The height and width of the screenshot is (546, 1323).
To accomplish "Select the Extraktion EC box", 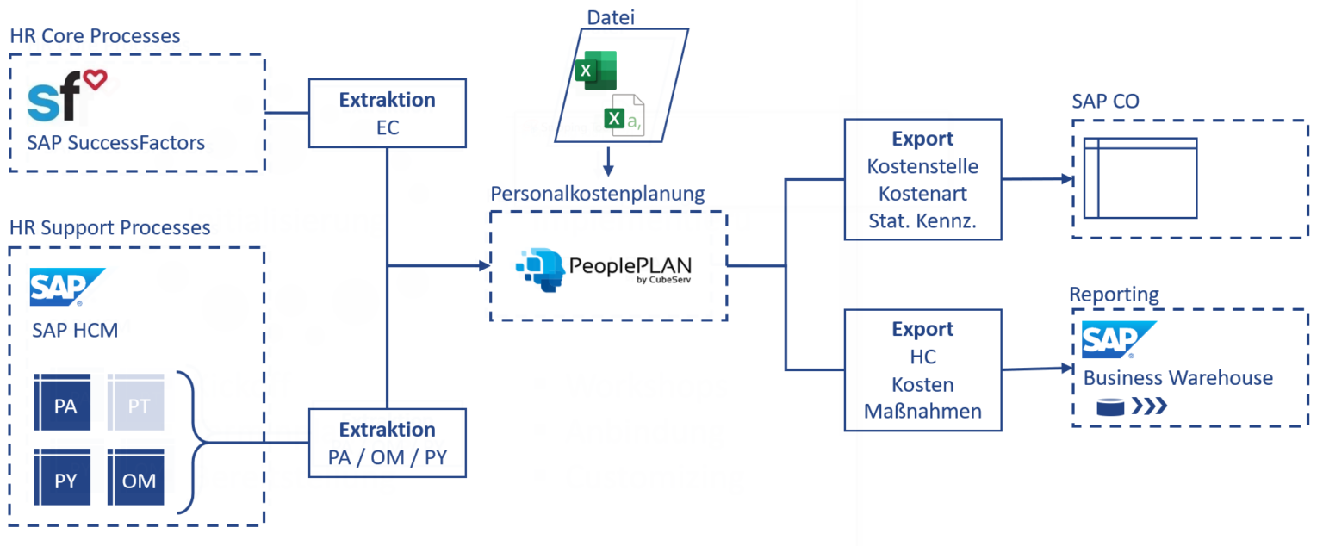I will tap(387, 113).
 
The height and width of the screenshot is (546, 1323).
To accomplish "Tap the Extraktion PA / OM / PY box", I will tap(387, 443).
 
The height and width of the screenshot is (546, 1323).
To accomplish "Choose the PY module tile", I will tap(65, 480).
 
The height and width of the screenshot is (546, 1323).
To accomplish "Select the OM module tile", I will tap(139, 480).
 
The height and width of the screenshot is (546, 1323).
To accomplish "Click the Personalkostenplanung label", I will tap(598, 194).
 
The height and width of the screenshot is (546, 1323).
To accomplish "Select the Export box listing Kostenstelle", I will tap(922, 179).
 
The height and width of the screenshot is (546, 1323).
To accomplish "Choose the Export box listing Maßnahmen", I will tap(922, 370).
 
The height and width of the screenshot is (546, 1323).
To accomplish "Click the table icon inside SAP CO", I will tap(1140, 178).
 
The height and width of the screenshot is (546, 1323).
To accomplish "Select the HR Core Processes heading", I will tap(95, 36).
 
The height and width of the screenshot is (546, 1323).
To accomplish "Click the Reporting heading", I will tap(1114, 295).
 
